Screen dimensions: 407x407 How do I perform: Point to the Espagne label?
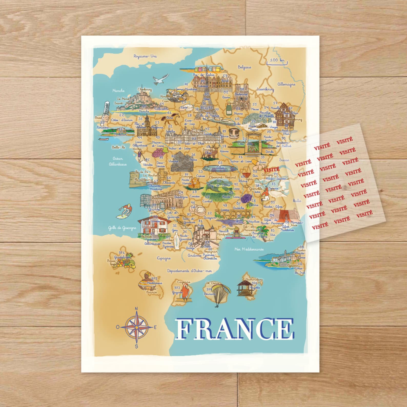[164, 258]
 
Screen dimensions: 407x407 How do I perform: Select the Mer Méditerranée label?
[249, 249]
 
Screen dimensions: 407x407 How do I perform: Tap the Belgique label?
[244, 67]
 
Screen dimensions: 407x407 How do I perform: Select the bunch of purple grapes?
[158, 153]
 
